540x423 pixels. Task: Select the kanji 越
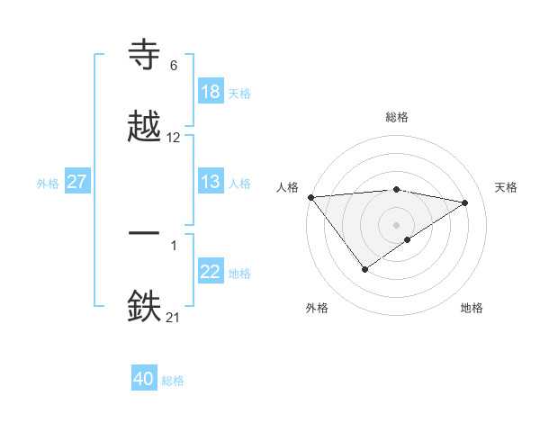coord(145,126)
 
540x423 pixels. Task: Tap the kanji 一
coord(145,233)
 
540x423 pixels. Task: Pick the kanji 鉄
coord(145,304)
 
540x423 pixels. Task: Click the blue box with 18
coord(211,92)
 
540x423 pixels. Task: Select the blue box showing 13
coord(211,182)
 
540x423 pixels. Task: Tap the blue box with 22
coord(211,273)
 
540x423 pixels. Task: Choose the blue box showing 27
coord(77,182)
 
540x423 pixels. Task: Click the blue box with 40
coord(144,380)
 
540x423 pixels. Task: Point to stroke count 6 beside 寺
coord(174,66)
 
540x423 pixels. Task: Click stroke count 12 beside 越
coord(174,138)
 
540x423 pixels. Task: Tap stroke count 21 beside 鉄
coord(174,316)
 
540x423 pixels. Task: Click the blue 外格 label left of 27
coord(48,183)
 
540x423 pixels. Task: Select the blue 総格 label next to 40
coord(173,381)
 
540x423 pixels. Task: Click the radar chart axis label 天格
coord(506,187)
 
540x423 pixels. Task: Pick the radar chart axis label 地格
coord(472,309)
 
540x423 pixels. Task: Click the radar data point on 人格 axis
coord(310,197)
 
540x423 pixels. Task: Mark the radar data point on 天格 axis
coord(465,202)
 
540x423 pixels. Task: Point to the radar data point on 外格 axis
coord(364,269)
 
